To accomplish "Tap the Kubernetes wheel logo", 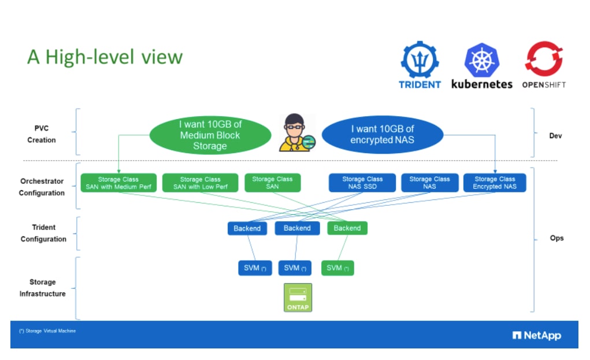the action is tap(481, 60).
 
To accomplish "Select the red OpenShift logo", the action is tap(544, 59).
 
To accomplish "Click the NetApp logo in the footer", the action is tap(537, 335).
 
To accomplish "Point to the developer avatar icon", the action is tap(296, 133).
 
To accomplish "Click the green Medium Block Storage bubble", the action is tap(210, 135).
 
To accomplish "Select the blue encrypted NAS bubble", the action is tap(383, 134).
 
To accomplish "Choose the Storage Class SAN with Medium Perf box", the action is tap(118, 183).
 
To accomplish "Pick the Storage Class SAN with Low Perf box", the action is tap(200, 183).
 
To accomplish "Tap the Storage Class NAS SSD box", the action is tap(362, 183).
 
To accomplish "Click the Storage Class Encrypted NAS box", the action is tap(495, 183).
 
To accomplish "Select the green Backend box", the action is tap(347, 228).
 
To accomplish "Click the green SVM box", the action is tap(337, 268).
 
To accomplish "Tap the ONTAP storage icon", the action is tap(298, 298).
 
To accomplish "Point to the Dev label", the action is tap(555, 136).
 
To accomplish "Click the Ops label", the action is tap(556, 238).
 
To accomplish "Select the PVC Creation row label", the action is tap(42, 134).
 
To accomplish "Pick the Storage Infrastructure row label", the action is tap(43, 288).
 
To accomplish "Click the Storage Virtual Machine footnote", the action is tap(47, 331).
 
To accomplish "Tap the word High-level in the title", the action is tap(90, 57).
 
